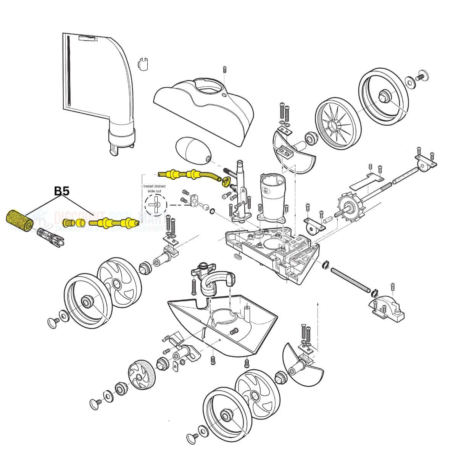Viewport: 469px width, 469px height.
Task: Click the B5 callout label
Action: pos(61,191)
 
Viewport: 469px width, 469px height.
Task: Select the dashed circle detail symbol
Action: pos(156,205)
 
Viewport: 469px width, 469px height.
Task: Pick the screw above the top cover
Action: pos(225,69)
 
